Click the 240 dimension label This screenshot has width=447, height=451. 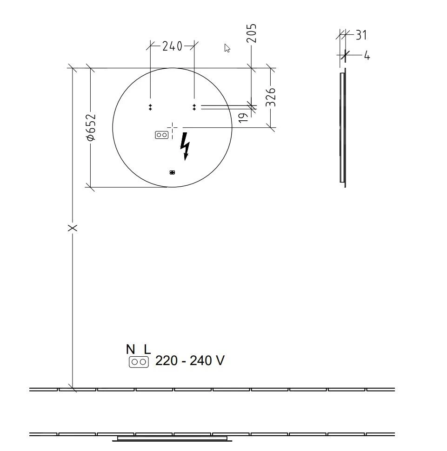click(x=172, y=46)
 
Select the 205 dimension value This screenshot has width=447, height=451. click(x=251, y=33)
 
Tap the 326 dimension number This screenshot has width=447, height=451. click(x=271, y=97)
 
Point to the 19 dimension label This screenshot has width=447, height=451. click(x=243, y=118)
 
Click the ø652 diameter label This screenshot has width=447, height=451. click(x=91, y=127)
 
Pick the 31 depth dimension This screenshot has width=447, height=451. click(x=361, y=35)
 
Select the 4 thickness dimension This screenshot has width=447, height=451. click(x=367, y=56)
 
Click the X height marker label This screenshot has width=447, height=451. click(x=72, y=228)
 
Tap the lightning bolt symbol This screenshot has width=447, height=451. click(x=185, y=146)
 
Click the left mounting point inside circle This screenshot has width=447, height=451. click(x=150, y=107)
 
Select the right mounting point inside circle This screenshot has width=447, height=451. click(x=194, y=107)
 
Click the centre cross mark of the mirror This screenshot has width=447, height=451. click(x=173, y=127)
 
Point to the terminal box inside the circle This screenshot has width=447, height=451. click(x=161, y=135)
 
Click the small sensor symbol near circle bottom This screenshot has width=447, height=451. click(x=172, y=172)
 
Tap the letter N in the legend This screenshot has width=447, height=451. click(x=130, y=349)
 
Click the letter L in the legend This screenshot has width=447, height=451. click(x=147, y=349)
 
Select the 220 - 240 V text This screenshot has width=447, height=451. click(x=190, y=361)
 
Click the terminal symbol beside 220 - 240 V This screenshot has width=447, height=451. click(x=139, y=362)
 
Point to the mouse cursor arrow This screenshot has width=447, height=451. click(x=227, y=48)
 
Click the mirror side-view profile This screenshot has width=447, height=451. click(x=343, y=128)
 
